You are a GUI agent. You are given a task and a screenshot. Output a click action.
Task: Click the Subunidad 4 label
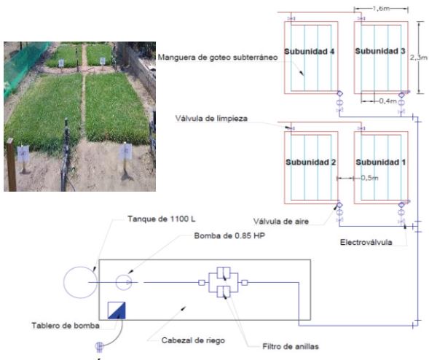coord(309,52)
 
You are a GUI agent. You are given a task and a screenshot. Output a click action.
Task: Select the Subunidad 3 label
coord(380,51)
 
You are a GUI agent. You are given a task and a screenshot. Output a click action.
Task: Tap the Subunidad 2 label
coord(310,162)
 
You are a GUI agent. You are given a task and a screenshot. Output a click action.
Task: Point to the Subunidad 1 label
coord(381,162)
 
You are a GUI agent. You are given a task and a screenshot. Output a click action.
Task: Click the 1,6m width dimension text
coord(381,9)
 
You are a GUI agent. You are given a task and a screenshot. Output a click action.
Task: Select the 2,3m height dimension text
coord(419,58)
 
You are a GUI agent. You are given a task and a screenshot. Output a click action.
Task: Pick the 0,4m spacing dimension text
coord(388,101)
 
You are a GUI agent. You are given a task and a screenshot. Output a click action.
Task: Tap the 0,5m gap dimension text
coord(369,178)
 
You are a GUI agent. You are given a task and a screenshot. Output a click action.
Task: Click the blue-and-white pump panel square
coord(117,310)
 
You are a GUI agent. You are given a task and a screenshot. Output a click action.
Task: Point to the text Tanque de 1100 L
coord(162,219)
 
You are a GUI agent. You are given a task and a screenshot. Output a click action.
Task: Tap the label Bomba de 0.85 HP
coord(229,235)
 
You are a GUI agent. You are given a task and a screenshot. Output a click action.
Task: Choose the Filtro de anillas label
coord(291,347)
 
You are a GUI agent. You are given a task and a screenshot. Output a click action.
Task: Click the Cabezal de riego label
coord(193,340)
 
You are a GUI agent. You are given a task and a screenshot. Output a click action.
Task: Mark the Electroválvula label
coord(366,242)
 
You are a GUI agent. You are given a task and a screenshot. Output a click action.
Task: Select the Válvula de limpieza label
coord(211,119)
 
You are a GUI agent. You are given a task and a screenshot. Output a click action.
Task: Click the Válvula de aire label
coord(281,222)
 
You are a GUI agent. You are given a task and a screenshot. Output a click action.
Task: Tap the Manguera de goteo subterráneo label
coord(218,58)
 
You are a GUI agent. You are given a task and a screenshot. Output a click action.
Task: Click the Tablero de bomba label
coord(66,326)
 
